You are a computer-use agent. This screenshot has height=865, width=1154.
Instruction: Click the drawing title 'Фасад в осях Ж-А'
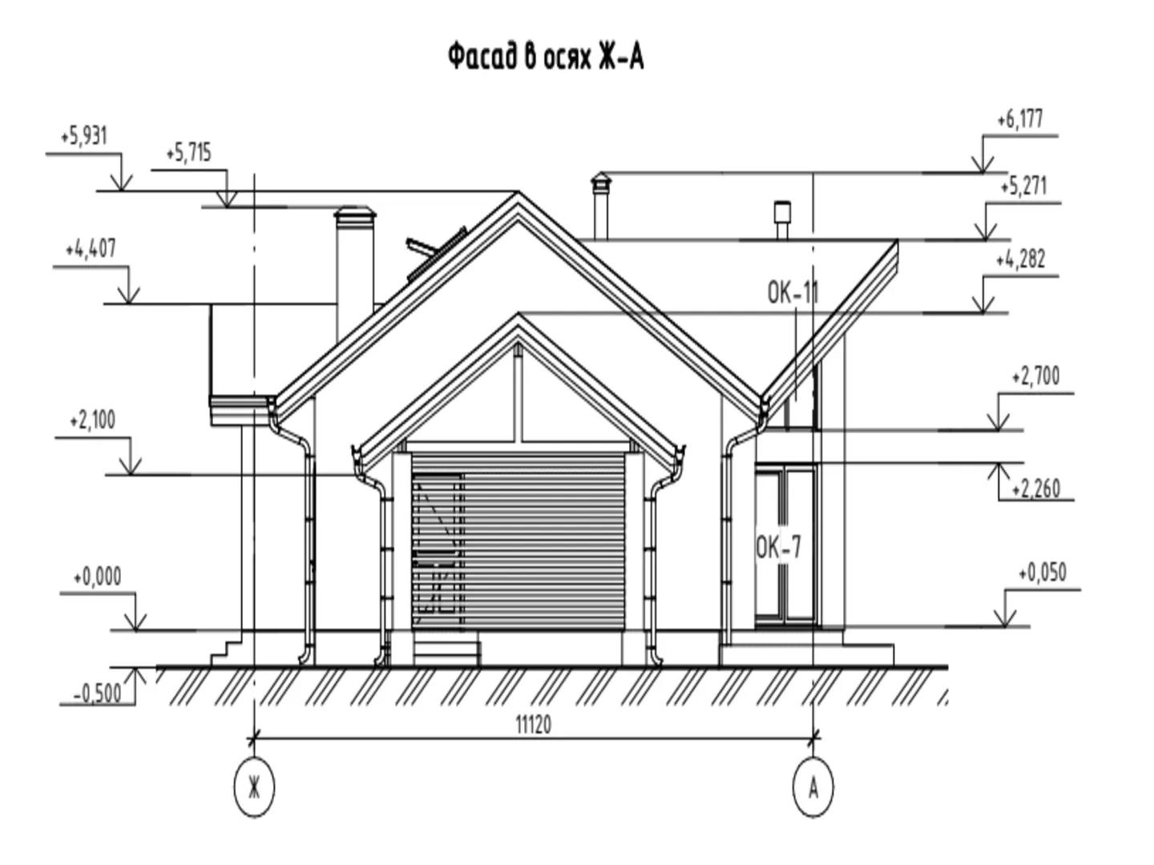(546, 57)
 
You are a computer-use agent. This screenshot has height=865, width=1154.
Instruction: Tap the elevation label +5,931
(84, 136)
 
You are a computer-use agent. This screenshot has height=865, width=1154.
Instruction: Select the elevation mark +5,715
(189, 153)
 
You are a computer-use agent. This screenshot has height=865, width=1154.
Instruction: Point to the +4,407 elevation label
(91, 248)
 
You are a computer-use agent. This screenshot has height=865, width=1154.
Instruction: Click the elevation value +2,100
(92, 420)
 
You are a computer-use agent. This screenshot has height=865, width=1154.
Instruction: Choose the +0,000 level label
(97, 576)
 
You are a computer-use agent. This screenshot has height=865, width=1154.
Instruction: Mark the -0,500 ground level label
(97, 694)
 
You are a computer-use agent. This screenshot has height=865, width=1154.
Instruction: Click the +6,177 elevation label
(1020, 119)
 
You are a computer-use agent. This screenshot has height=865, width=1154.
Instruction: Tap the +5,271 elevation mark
(1023, 187)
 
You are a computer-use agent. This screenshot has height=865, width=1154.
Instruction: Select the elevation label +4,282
(1020, 259)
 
